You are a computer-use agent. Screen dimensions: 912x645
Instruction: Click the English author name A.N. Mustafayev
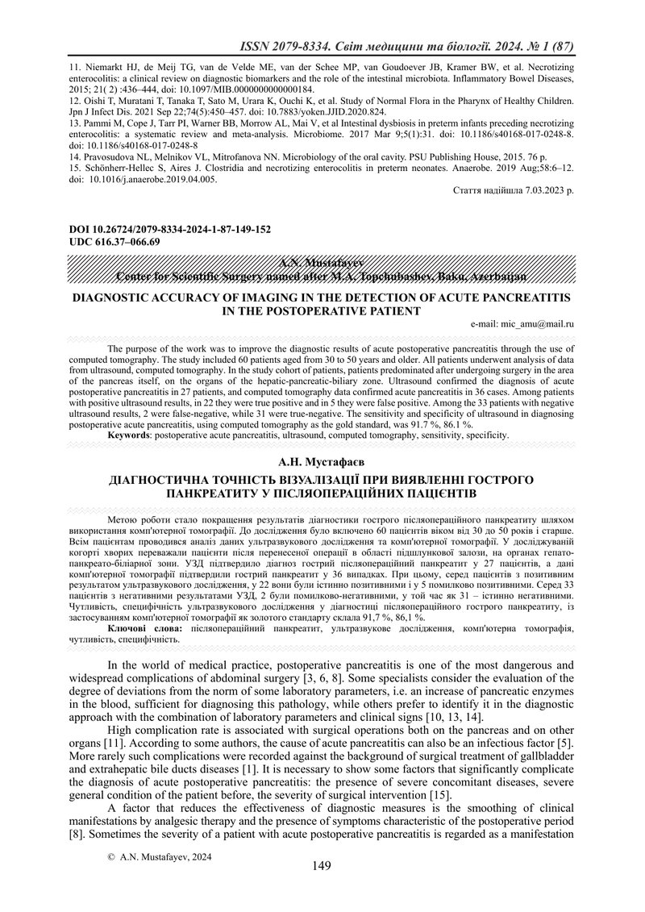tap(322, 264)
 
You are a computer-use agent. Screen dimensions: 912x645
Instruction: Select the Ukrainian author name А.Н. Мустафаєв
tap(322, 462)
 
